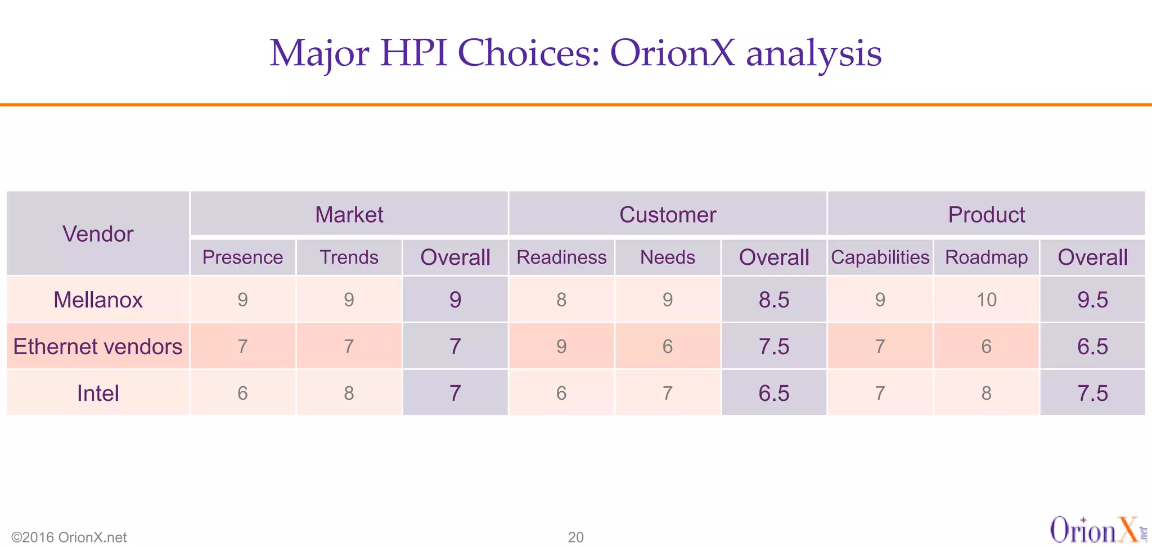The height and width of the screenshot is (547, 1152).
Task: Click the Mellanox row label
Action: pos(98,300)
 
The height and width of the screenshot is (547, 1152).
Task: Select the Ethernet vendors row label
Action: pos(98,346)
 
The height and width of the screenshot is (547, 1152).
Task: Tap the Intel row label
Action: pos(98,393)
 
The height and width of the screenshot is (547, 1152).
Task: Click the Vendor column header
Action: pos(98,234)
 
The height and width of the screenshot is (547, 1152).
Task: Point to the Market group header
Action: pos(349,214)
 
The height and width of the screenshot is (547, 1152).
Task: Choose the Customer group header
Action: pos(668,214)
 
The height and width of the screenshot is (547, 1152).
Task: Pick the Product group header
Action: pos(986,214)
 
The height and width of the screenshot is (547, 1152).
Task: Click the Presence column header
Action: pos(242,257)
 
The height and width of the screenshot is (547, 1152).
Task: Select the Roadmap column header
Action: pos(986,257)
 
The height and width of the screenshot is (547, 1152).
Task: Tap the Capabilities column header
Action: pos(880,257)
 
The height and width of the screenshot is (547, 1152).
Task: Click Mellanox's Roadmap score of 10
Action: pos(986,300)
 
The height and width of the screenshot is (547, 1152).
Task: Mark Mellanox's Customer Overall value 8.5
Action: pos(773,300)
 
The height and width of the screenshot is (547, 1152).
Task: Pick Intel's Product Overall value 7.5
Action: pos(1092,393)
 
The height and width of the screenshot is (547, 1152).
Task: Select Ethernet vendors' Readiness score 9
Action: pos(561,346)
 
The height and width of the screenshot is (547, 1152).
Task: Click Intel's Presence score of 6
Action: pos(242,393)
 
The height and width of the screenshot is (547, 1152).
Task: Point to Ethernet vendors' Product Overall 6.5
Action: pos(1092,346)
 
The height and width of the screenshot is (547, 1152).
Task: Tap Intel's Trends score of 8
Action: pos(349,393)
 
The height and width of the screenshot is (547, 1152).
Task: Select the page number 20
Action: pos(575,537)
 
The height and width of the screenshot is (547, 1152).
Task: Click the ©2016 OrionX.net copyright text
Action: pos(69,537)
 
